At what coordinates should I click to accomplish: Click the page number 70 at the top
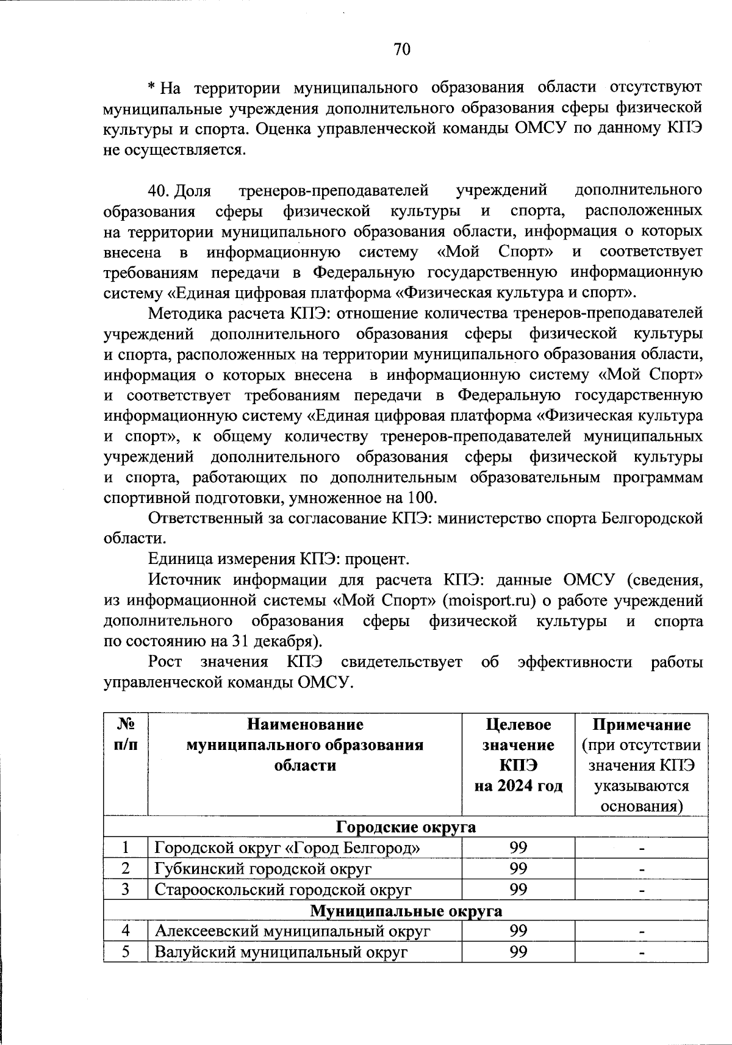(402, 49)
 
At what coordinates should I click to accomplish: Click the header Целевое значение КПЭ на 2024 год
(518, 755)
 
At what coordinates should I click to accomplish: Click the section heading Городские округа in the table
(406, 827)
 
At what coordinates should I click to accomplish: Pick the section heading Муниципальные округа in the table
(406, 911)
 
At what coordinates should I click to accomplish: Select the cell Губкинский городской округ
(262, 869)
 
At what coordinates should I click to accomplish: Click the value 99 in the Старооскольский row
(518, 890)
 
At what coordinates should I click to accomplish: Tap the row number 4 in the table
(126, 931)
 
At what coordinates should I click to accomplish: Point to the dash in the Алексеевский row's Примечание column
(641, 932)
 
